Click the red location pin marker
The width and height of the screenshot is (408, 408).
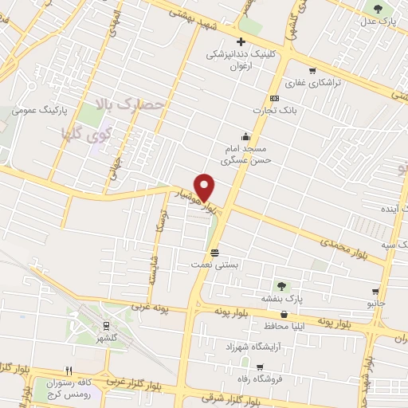pyautogui.click(x=206, y=186)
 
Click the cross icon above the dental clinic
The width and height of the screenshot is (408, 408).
pyautogui.click(x=239, y=42)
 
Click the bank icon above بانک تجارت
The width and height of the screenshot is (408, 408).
pyautogui.click(x=275, y=97)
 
